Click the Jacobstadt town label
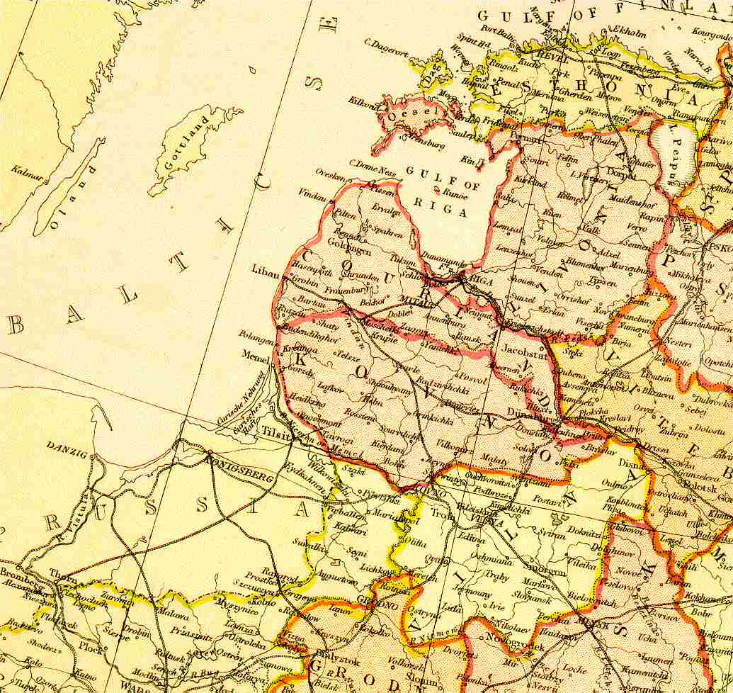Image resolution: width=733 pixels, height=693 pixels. pos(521,349)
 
